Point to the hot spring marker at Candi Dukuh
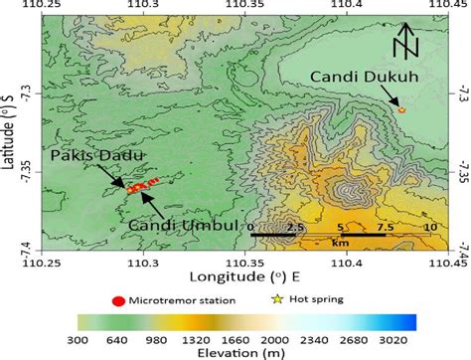pos(401,109)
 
